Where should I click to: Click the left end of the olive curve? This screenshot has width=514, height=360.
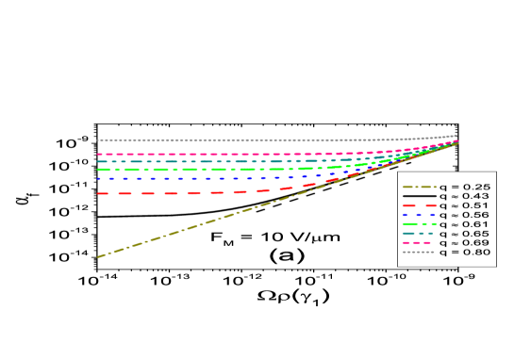click(x=98, y=256)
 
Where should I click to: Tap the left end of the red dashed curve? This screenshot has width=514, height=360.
click(x=98, y=193)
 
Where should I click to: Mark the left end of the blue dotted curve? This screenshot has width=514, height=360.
click(x=98, y=178)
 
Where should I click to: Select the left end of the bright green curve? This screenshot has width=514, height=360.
click(x=98, y=170)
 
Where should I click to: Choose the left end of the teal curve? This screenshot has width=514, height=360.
click(x=98, y=161)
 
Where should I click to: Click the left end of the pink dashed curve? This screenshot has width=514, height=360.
click(x=98, y=154)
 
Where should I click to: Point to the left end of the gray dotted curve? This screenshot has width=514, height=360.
click(x=98, y=140)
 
